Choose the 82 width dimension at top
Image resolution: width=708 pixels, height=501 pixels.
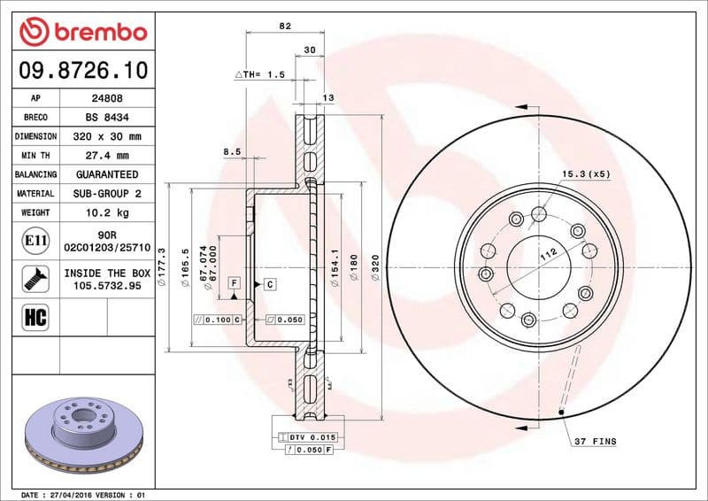click(x=285, y=27)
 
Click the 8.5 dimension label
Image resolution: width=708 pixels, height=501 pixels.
click(x=232, y=152)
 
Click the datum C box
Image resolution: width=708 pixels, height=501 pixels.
click(x=269, y=283)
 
